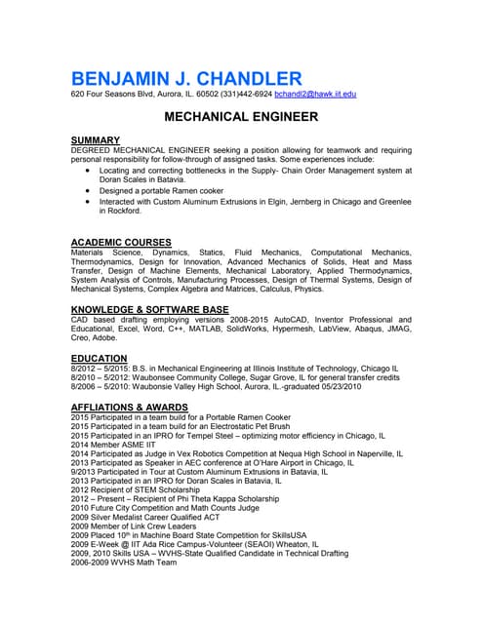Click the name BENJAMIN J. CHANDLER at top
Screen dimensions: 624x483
tap(186, 78)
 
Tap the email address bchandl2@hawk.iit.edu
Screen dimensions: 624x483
tap(315, 95)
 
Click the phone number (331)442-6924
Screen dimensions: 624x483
tap(247, 95)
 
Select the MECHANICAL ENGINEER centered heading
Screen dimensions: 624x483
tap(241, 117)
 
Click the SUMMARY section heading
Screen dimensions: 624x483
tap(96, 140)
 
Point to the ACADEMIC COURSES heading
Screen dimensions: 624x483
tap(121, 242)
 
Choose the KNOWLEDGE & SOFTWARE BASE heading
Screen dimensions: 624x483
tap(149, 310)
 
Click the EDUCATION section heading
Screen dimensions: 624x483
tap(99, 359)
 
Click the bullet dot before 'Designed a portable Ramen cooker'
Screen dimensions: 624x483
tap(88, 191)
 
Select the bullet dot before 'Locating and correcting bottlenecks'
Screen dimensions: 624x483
tap(88, 170)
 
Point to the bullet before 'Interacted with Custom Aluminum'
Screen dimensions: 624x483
tap(88, 202)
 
